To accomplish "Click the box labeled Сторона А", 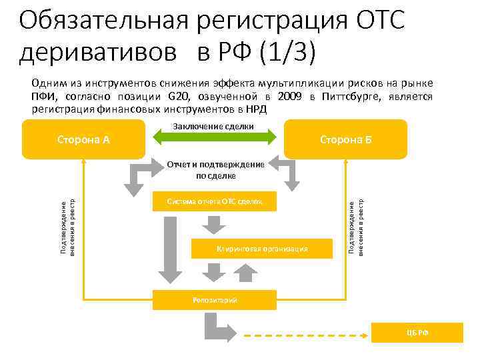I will click(x=83, y=139).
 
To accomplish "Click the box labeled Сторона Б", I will click(x=345, y=139).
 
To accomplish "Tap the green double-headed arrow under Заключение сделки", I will click(x=215, y=137).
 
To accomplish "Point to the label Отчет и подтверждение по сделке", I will click(x=215, y=170).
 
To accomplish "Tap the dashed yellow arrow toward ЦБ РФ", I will click(x=313, y=333).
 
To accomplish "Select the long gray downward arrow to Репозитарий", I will click(x=169, y=247).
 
